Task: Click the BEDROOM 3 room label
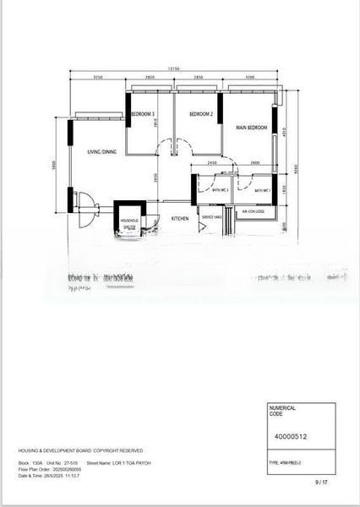[x=142, y=114]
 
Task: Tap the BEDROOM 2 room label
[x=200, y=114]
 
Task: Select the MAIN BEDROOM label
[x=252, y=128]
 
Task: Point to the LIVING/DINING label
[x=101, y=152]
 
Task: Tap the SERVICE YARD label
[x=210, y=217]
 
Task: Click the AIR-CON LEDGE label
[x=254, y=212]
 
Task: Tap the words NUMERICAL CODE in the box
[x=281, y=410]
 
